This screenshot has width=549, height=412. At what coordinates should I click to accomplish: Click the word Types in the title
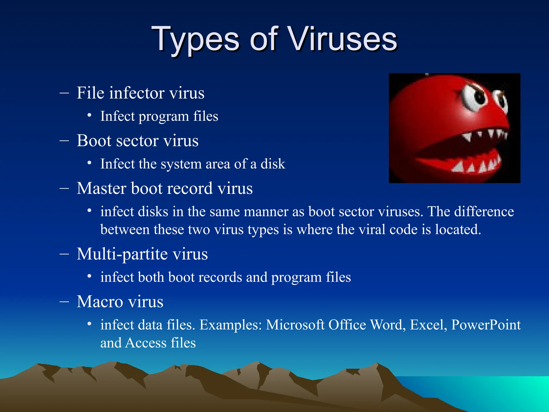point(195,39)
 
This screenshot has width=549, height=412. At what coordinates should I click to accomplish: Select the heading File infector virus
point(140,93)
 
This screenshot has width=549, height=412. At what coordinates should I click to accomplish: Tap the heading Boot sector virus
point(138,141)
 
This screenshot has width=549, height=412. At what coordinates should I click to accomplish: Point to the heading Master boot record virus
point(165,188)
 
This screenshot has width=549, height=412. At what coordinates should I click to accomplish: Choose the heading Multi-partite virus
point(142,254)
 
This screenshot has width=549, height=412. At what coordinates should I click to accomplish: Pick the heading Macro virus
point(120,301)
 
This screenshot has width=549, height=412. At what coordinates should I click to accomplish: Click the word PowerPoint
point(486,325)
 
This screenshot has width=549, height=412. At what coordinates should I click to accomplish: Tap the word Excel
point(428,325)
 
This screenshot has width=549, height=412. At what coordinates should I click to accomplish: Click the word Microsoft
point(295,325)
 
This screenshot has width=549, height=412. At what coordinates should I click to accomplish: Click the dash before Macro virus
point(64,301)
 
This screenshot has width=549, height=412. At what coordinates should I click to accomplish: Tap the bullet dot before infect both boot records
point(90,276)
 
